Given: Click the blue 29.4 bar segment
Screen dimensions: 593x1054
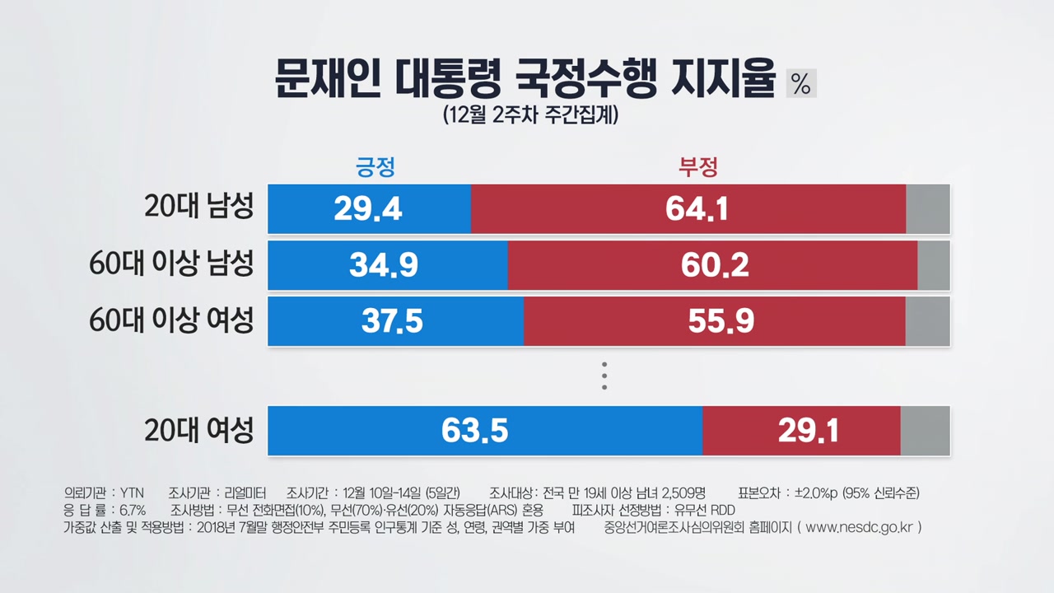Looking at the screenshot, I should click(369, 209).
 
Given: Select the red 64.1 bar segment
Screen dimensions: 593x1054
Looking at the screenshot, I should click(688, 209).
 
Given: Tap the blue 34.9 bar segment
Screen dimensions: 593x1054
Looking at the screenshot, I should click(388, 265).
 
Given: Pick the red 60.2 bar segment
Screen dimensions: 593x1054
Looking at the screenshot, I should click(712, 265).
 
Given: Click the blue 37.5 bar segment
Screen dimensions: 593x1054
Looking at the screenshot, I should click(395, 321).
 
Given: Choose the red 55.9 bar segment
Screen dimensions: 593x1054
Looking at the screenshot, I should click(714, 321).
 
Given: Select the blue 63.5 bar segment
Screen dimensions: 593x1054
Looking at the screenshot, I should click(485, 430).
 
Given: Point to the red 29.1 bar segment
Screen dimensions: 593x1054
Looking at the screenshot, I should click(801, 430).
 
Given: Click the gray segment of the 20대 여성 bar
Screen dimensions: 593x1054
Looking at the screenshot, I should click(926, 430).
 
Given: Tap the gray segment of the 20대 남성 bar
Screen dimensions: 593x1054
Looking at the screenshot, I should click(928, 209).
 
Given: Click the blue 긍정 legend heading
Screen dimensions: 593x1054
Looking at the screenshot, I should click(375, 167).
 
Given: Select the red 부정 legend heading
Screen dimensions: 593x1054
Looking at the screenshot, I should click(698, 167).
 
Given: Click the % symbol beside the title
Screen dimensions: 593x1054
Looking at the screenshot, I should click(801, 82).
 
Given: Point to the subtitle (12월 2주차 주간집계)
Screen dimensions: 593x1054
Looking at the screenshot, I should click(529, 114).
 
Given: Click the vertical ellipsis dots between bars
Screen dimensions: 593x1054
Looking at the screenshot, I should click(604, 375).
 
